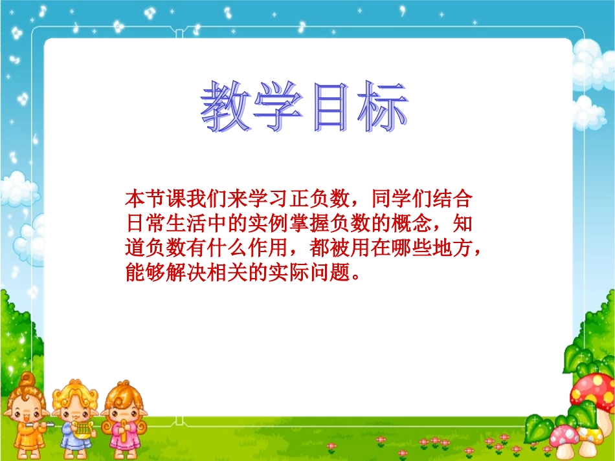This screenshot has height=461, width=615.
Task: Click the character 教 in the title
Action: click(x=227, y=107)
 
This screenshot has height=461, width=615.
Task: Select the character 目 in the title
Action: click(x=331, y=107)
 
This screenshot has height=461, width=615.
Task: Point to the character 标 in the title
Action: click(x=383, y=107)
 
